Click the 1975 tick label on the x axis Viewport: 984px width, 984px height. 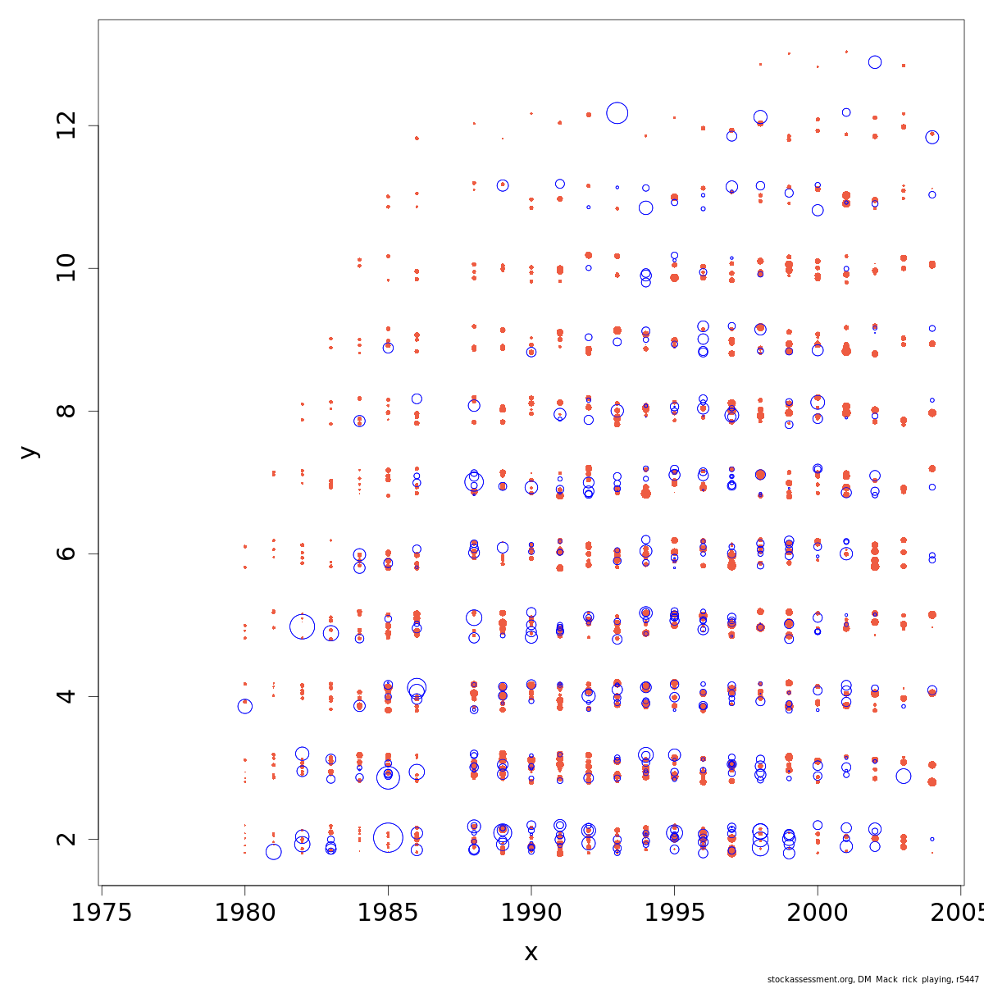point(102,913)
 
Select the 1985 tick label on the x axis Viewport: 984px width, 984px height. point(388,913)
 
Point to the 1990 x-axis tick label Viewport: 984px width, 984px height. point(531,913)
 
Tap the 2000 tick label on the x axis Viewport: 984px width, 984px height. point(818,913)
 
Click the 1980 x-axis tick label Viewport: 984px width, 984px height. point(244,913)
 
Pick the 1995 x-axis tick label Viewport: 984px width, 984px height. point(674,913)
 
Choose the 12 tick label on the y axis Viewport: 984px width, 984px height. point(66,125)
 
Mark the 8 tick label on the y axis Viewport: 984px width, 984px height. point(66,411)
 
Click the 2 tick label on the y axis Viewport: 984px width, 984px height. point(66,839)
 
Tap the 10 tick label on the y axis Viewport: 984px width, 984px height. point(66,268)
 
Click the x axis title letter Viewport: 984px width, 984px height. point(531,953)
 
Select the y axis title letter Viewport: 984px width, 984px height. point(29,452)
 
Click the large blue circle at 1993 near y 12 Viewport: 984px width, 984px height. point(617,113)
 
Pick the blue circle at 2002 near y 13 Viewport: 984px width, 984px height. point(875,62)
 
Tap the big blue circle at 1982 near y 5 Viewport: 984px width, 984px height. point(302,627)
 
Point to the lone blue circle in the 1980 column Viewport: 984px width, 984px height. point(244,706)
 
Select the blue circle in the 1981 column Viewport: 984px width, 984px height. point(273,852)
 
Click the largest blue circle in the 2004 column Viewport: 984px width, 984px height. point(932,137)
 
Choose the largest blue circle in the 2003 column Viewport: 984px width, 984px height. point(904,776)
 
